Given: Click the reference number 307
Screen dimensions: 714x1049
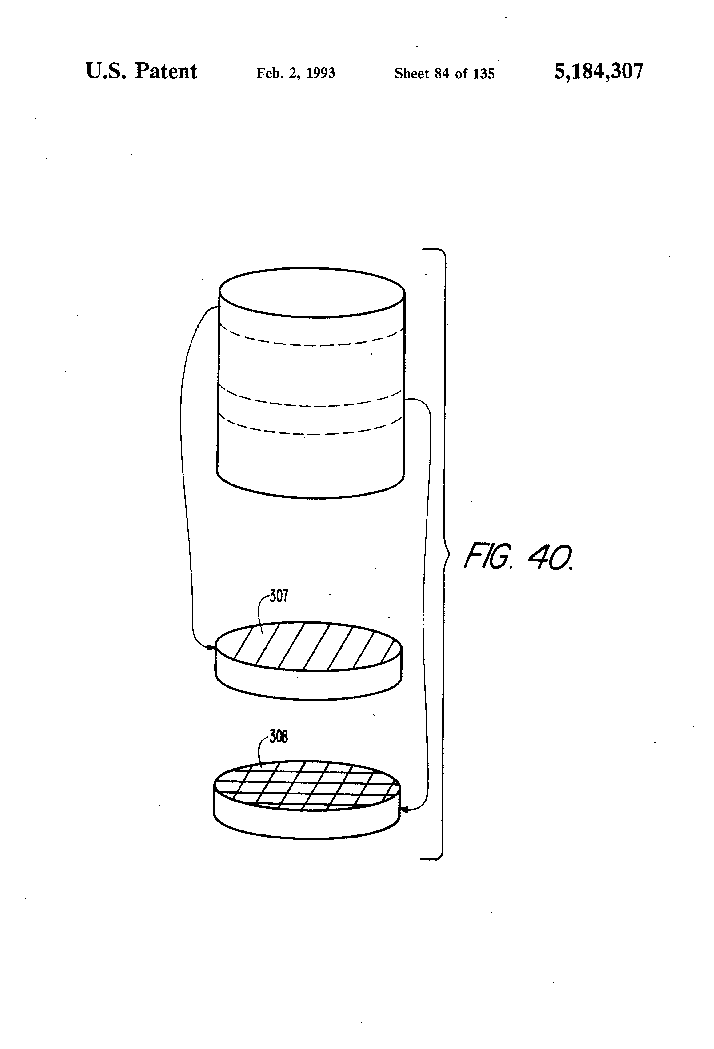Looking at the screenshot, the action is coord(279,596).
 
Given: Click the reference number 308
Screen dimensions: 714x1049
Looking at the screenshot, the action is coord(279,737).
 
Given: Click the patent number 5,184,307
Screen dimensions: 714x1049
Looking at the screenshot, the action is coord(599,72).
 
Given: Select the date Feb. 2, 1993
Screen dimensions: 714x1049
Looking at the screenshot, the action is coord(296,73).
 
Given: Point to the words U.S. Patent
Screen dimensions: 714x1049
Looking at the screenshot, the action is coord(141,71).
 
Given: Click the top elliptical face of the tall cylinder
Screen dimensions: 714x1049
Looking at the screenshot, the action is coord(312,292).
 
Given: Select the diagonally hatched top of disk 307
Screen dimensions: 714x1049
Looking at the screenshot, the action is coord(309,646).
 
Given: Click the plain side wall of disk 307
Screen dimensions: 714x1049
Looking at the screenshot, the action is coord(309,684).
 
